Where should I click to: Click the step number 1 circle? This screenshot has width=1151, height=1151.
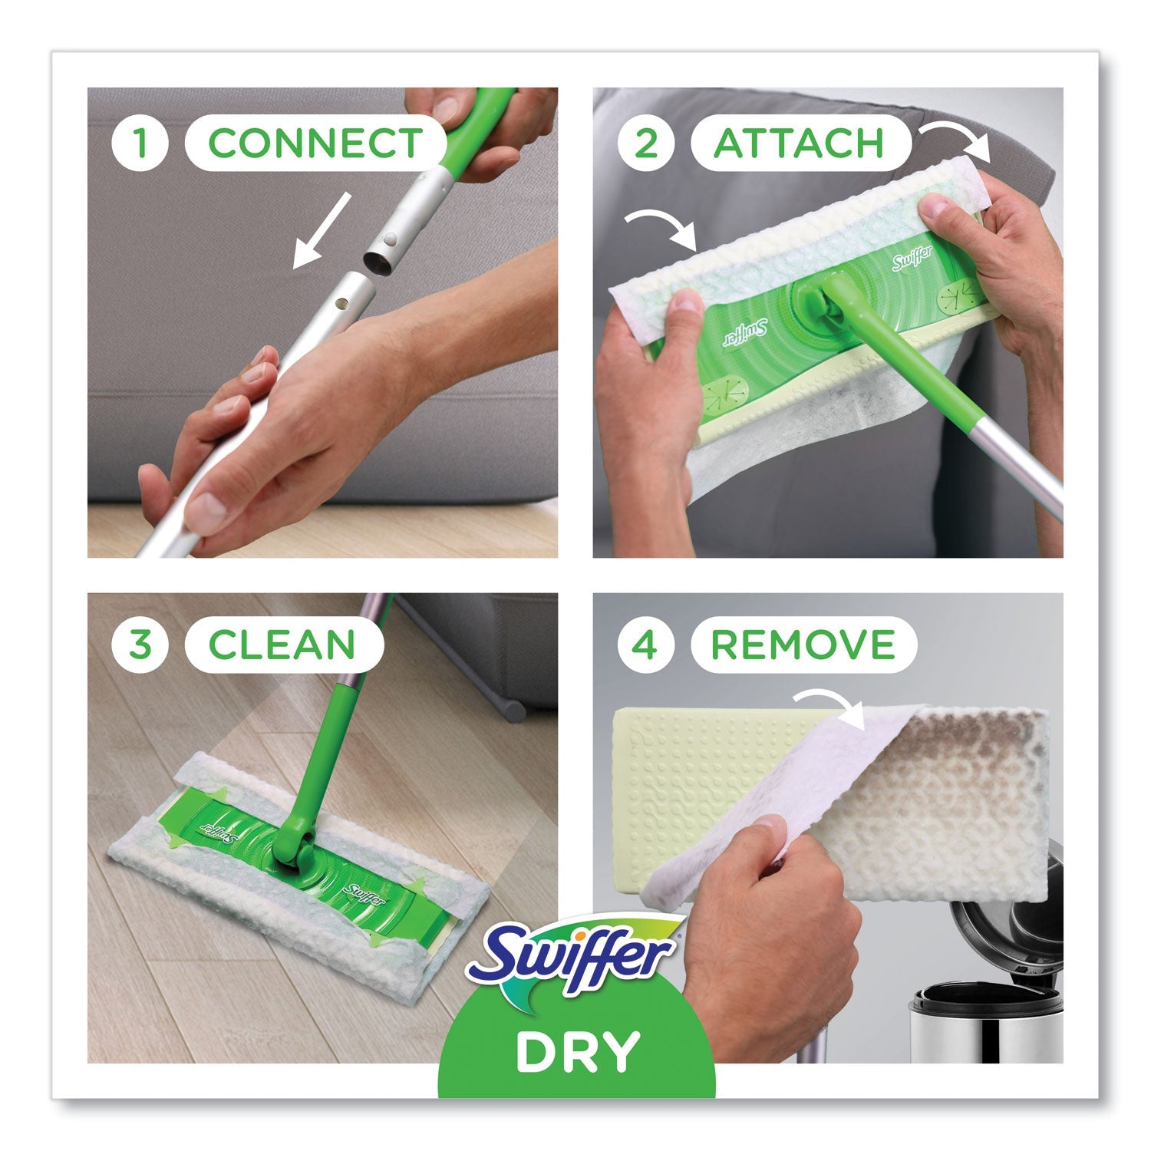pos(140,143)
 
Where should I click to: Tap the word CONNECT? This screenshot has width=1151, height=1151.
pos(315,143)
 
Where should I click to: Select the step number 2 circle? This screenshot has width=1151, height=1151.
pos(645,143)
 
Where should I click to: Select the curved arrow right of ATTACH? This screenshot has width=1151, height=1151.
pos(959,141)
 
